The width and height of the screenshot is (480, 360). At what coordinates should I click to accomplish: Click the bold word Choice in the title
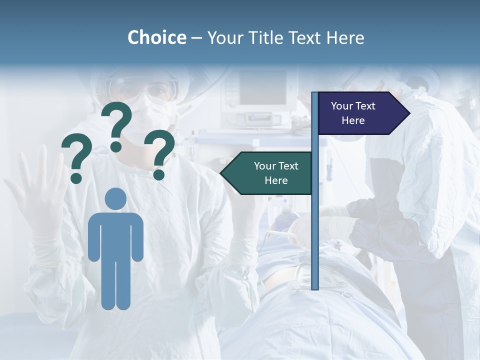[156, 37]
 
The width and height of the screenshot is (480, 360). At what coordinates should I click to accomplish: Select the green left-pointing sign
[267, 173]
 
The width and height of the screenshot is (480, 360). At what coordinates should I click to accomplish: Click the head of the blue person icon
[116, 199]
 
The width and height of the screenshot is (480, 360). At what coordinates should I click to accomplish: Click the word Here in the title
[345, 37]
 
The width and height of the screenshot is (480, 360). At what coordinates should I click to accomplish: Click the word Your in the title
[224, 37]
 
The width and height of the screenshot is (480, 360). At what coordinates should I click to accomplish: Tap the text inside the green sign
[276, 173]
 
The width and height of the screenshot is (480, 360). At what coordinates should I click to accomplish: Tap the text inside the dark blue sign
[353, 113]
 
